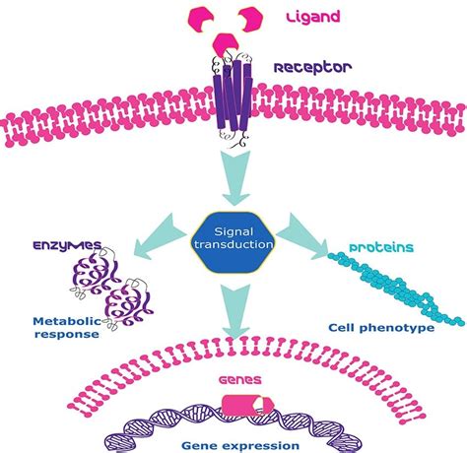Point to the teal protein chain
coord(394,291)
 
